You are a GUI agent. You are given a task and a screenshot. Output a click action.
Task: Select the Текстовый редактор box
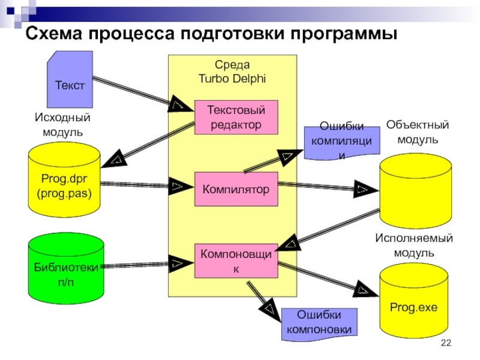(x=236, y=117)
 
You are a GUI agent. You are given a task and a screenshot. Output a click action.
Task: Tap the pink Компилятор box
(x=236, y=190)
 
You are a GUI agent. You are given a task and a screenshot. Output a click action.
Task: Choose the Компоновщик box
(x=236, y=262)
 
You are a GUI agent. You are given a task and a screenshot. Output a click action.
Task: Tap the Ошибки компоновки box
(x=319, y=323)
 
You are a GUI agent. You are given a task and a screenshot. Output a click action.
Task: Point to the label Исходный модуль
(x=62, y=125)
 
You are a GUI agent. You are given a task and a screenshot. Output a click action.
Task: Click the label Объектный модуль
(x=418, y=132)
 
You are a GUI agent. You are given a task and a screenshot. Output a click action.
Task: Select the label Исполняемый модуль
(x=414, y=245)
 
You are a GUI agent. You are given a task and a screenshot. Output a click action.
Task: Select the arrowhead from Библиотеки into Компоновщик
(x=177, y=262)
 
